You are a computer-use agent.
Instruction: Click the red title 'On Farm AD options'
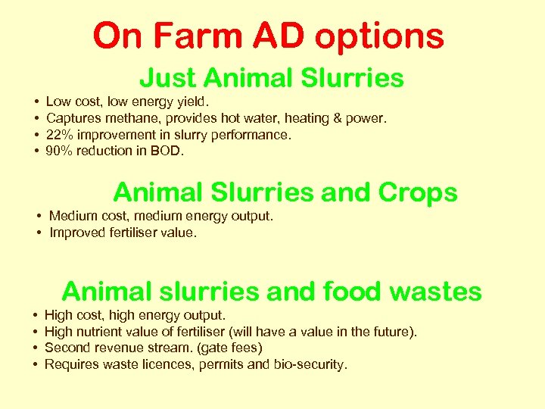point(269,36)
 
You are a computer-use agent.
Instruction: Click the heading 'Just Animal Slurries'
point(272,78)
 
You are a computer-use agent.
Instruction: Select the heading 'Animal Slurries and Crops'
point(285,192)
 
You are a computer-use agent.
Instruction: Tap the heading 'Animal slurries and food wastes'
point(272,291)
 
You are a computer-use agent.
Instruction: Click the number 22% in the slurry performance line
point(60,134)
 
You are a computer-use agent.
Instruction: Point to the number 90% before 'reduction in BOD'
point(60,151)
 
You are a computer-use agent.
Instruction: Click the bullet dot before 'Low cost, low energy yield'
point(36,101)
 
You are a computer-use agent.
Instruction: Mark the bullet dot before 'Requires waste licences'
point(36,365)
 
